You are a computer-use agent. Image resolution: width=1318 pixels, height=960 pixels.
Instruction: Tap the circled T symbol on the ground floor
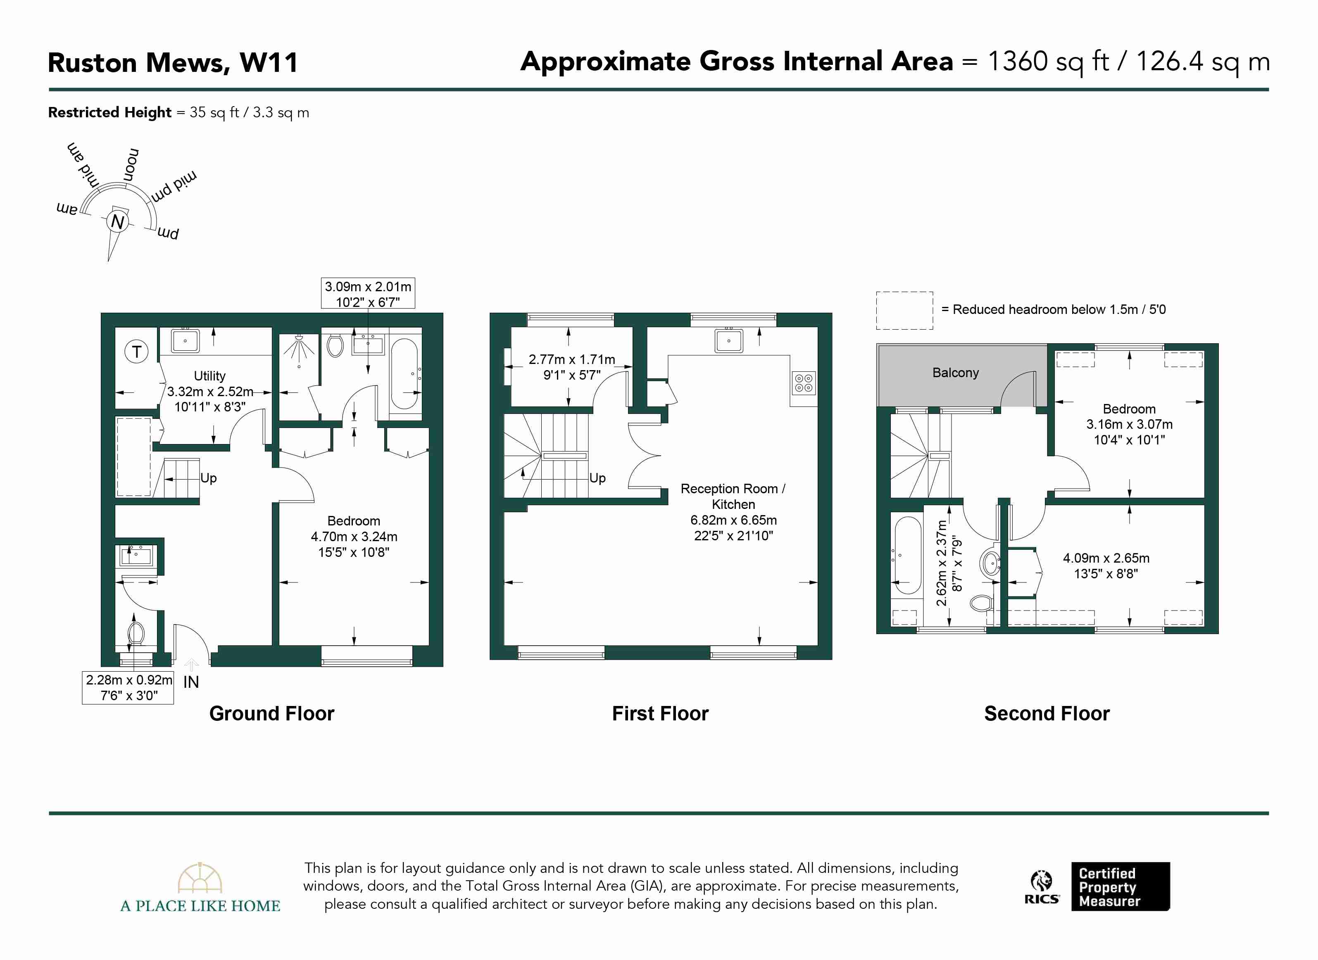tap(137, 352)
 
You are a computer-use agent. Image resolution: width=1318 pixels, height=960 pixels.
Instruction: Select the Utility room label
tap(210, 376)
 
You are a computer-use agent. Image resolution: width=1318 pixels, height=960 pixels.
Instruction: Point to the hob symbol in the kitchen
tap(804, 383)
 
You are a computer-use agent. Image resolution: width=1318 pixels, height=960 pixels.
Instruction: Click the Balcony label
tap(955, 373)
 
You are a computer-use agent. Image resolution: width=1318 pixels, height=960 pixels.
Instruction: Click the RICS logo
tap(1041, 887)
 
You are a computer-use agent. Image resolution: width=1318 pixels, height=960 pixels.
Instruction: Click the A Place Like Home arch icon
tap(200, 877)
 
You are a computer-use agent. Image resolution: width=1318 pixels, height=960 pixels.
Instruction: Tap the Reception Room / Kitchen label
tap(733, 496)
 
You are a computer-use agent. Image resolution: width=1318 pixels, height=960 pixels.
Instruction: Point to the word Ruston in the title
tap(93, 62)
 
